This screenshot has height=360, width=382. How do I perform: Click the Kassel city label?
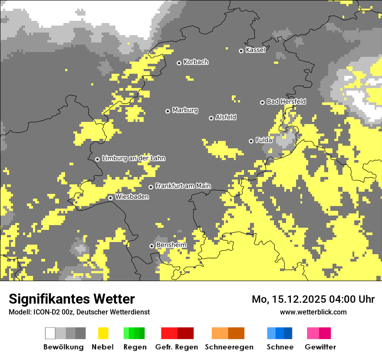(255, 50)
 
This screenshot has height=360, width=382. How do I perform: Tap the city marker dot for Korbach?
(179, 63)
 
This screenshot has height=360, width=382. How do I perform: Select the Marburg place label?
(185, 110)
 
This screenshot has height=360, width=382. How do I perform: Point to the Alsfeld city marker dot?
(211, 118)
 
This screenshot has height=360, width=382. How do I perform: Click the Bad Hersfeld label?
(286, 101)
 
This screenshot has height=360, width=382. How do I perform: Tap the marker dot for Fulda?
(251, 141)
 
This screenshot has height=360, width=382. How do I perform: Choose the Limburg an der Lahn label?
(133, 158)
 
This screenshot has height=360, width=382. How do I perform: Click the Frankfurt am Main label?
(183, 186)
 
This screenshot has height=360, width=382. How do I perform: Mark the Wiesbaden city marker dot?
(111, 198)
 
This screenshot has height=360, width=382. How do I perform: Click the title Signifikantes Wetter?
(72, 299)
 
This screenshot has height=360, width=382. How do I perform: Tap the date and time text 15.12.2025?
(313, 299)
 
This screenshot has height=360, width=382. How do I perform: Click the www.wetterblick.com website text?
(313, 312)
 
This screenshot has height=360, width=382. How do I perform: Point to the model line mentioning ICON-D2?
(79, 312)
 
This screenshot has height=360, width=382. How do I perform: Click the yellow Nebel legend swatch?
(103, 333)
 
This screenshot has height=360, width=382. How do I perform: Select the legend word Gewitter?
(320, 347)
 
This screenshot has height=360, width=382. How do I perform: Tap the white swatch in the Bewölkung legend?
(50, 333)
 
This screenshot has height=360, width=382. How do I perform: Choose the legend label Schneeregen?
(229, 347)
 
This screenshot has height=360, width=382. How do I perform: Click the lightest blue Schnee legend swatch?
(271, 333)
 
